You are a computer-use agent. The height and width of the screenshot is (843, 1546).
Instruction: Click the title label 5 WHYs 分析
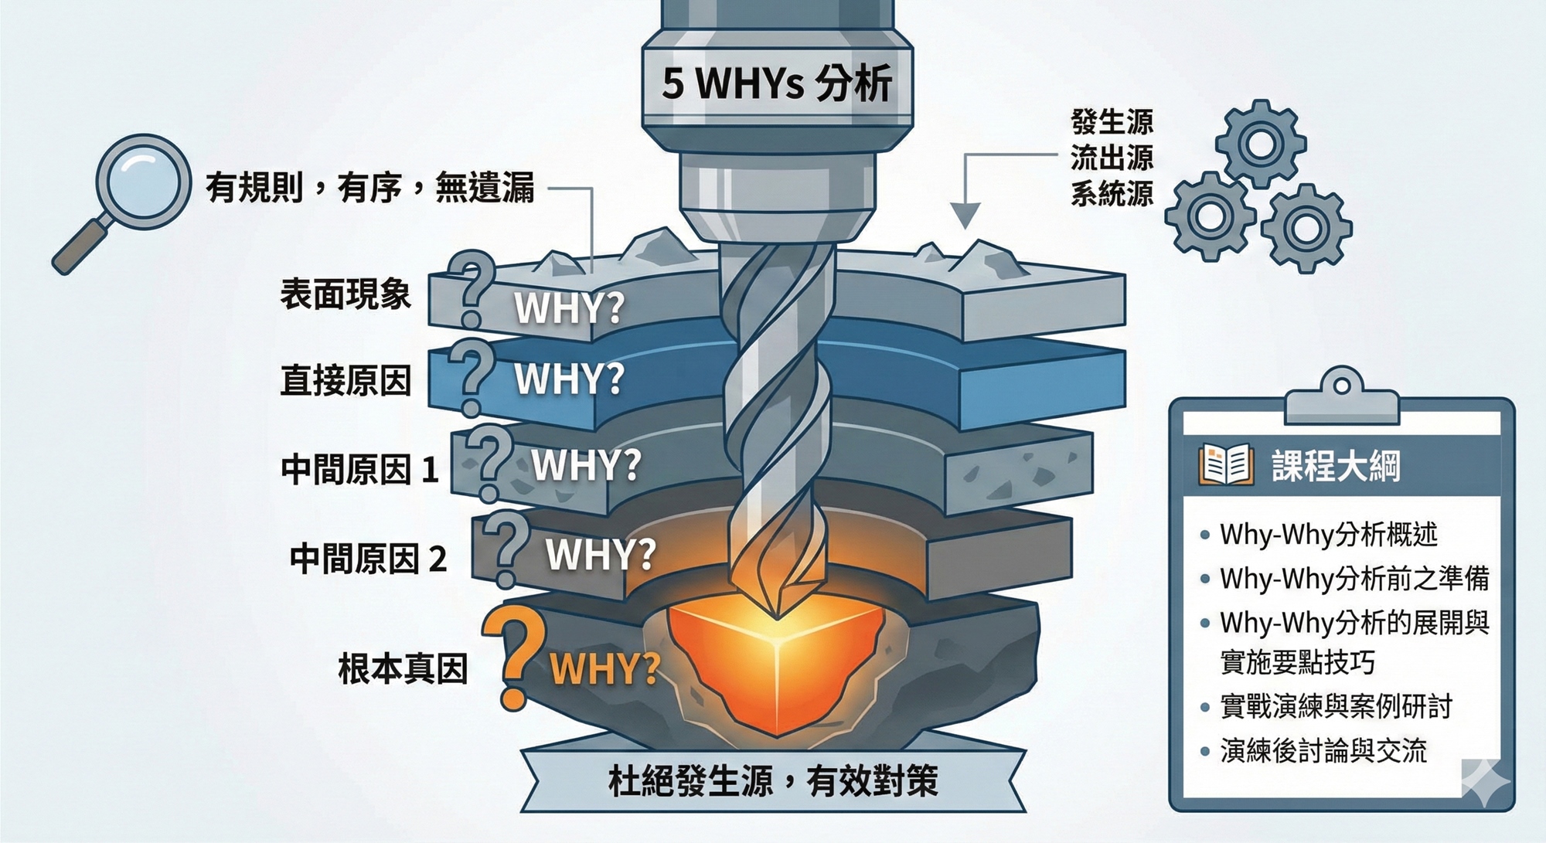tap(777, 83)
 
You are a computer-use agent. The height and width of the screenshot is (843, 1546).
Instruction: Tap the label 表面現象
tap(345, 294)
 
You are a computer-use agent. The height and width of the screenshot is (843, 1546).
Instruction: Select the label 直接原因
tap(345, 381)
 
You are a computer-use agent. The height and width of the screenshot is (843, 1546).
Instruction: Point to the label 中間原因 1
tap(359, 469)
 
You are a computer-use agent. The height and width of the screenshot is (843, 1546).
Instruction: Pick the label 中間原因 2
tap(368, 558)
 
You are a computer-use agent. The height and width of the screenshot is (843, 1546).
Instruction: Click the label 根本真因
tap(403, 668)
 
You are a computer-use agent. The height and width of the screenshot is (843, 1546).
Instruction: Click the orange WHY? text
tap(604, 669)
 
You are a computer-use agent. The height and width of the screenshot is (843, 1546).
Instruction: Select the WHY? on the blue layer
tap(570, 379)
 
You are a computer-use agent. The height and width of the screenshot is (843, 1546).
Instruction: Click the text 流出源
tap(1112, 158)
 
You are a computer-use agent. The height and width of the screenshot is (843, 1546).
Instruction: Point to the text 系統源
tap(1112, 193)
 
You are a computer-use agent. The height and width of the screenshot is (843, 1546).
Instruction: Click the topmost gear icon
tap(1260, 143)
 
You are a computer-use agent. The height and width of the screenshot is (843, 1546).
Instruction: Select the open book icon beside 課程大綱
tap(1226, 465)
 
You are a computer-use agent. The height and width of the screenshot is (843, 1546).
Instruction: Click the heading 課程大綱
tap(1336, 466)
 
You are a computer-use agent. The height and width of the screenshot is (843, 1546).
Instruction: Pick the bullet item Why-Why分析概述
tap(1328, 534)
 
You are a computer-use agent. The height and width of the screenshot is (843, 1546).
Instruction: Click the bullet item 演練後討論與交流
tap(1323, 750)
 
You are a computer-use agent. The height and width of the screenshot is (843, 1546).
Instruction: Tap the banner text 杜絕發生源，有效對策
tap(773, 781)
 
